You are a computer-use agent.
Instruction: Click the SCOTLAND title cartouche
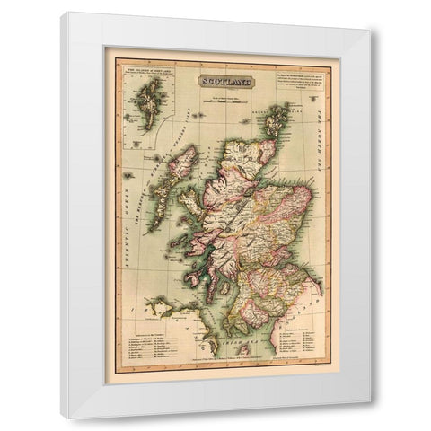coord(225,81)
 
